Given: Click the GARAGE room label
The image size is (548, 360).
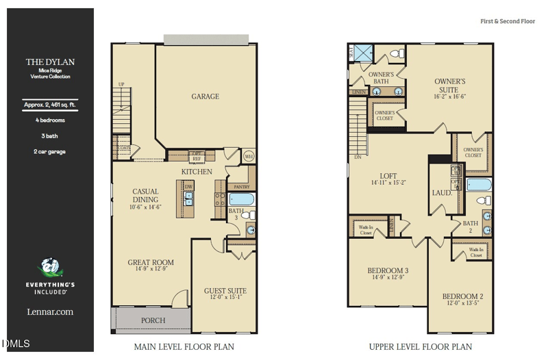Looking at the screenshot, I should point(205,97).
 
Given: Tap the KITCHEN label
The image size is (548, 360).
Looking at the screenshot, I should point(197,171).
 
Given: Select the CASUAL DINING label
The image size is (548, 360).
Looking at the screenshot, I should point(145,196).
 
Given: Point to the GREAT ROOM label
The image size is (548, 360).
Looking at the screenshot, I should point(151,262).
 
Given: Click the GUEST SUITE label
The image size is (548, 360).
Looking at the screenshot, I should point(225,291).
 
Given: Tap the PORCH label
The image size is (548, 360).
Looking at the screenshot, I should point(153,320).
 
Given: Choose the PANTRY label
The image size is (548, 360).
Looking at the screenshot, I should point(241,186).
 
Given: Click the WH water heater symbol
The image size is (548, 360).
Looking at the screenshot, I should point(249,156).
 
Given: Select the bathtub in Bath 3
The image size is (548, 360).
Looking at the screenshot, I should point(242,200).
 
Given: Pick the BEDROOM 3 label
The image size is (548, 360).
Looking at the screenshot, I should point(388,270).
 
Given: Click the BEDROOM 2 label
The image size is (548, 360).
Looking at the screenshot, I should point(463,296).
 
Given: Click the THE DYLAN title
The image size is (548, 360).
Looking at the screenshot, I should point(50,62).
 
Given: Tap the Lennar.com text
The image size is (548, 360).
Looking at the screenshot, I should point(50,312).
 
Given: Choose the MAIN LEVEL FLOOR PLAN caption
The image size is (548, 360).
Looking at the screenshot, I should point(184,347).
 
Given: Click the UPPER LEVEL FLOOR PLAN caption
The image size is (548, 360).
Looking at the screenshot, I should point(420,347).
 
